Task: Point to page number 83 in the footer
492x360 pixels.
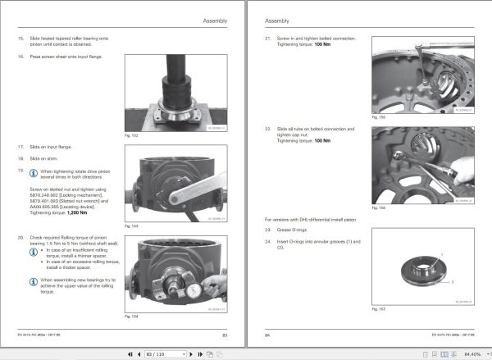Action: pyautogui.click(x=225, y=334)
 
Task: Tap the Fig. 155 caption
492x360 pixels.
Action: pyautogui.click(x=378, y=116)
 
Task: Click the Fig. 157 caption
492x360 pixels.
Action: pyautogui.click(x=378, y=309)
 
